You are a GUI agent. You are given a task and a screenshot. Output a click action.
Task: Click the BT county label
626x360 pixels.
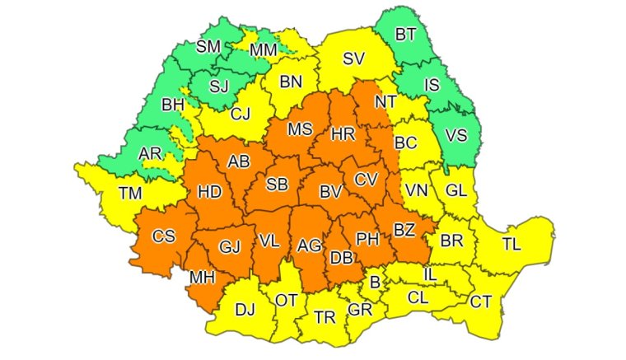406,35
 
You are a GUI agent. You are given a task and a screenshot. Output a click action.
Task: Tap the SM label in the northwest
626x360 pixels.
208,47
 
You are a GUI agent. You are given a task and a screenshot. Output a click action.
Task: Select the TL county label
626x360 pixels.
512,245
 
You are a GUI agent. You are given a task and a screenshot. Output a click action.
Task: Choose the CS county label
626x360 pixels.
164,237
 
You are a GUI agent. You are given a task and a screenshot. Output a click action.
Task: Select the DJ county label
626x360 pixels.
245,310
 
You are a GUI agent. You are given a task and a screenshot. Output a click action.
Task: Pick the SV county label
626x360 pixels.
354,58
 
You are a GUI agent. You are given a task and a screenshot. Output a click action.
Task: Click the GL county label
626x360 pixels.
456,190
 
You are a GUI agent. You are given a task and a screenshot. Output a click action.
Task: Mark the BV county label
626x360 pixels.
331,192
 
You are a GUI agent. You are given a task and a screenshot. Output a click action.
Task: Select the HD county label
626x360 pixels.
209,192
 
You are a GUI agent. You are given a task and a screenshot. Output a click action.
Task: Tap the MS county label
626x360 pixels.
300,129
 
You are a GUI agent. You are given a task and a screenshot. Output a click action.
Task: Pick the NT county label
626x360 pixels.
385,102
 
